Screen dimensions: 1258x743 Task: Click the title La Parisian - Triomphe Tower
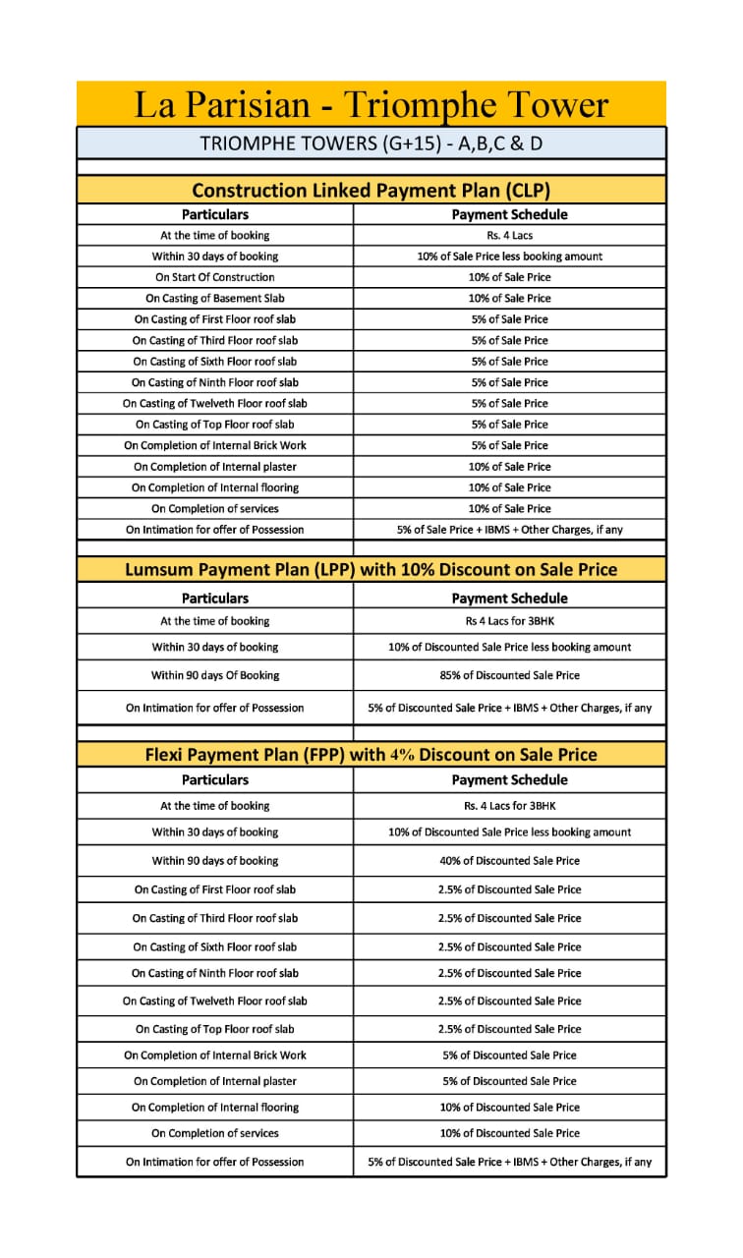pos(371,105)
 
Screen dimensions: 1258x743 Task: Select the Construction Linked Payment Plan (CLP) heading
pos(371,190)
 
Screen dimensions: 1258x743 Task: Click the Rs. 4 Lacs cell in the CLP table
pos(509,236)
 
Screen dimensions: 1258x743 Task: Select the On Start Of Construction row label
pos(214,277)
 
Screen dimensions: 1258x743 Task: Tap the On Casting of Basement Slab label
pos(214,298)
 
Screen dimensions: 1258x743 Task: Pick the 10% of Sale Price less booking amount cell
pos(509,257)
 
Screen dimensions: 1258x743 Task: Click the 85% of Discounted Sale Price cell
pos(509,675)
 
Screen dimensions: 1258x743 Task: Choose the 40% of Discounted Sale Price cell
pos(509,860)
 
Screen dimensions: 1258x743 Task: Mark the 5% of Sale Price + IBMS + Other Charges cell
pos(509,529)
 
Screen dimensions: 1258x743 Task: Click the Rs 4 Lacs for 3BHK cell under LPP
pos(509,621)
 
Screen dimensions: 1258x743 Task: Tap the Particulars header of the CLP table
pos(214,214)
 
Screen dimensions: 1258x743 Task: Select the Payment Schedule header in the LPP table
pos(509,598)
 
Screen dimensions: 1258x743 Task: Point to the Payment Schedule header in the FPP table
pos(509,779)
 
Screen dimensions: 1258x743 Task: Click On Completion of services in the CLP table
pos(214,508)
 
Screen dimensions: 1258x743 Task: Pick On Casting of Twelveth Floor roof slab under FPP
pos(214,1001)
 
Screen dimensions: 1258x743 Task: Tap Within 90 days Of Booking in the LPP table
pos(214,675)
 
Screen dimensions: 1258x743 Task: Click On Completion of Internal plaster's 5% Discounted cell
pos(509,1081)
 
